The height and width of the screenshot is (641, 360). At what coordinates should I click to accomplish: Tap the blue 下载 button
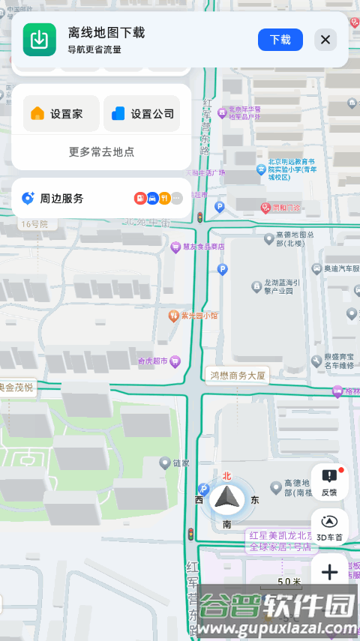pyautogui.click(x=280, y=40)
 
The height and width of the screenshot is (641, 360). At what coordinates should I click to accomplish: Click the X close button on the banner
pyautogui.click(x=325, y=40)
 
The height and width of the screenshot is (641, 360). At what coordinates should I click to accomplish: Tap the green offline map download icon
pyautogui.click(x=40, y=40)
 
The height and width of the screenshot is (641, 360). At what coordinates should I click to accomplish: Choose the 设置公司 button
pyautogui.click(x=142, y=114)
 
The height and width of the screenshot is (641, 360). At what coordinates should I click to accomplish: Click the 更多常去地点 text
pyautogui.click(x=101, y=151)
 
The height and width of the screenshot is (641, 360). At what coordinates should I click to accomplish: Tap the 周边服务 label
pyautogui.click(x=61, y=199)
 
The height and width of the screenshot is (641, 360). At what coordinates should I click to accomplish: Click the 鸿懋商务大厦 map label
pyautogui.click(x=237, y=375)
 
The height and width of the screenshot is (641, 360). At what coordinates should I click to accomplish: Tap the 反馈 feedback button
pyautogui.click(x=329, y=481)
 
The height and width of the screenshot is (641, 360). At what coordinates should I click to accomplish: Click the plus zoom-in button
pyautogui.click(x=329, y=573)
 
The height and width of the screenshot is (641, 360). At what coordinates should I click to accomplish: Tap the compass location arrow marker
pyautogui.click(x=226, y=497)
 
